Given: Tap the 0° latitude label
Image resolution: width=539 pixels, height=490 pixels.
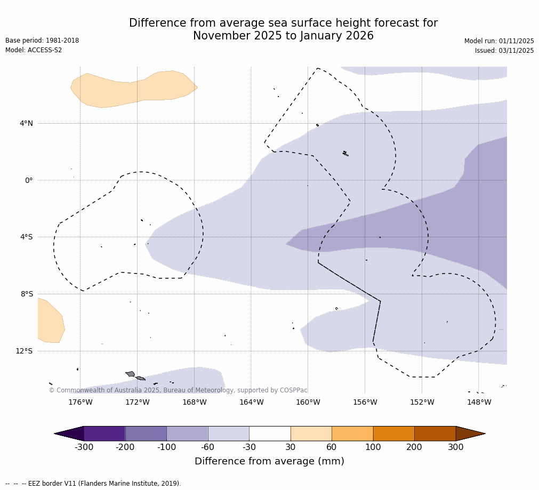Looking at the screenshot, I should (x=29, y=180).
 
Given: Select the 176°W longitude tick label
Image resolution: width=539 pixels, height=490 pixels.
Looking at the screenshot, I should (x=80, y=402).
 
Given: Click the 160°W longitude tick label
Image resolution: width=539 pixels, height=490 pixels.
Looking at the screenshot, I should (x=308, y=402).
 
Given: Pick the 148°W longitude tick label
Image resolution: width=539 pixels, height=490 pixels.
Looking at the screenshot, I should (x=479, y=402).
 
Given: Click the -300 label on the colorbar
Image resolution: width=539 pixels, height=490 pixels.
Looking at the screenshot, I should (x=84, y=447).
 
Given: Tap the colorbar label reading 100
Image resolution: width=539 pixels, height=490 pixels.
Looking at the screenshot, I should (x=373, y=447).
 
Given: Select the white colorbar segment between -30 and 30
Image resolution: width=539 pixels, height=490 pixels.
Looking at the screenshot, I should (x=270, y=433).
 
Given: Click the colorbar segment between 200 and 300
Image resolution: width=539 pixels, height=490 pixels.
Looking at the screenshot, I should (x=435, y=433).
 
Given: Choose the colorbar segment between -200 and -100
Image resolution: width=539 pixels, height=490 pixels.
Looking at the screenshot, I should (x=146, y=433).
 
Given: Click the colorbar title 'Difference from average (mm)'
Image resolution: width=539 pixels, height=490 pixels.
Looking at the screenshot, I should (x=269, y=461).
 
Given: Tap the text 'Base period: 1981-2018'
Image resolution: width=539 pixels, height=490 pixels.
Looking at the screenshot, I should (x=42, y=41).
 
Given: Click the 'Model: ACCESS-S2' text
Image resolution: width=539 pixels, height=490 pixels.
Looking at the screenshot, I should (x=34, y=50).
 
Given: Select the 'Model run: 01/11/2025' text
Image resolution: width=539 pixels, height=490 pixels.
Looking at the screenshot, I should (x=499, y=41).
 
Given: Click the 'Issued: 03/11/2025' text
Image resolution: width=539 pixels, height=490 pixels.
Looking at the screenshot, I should (x=504, y=51).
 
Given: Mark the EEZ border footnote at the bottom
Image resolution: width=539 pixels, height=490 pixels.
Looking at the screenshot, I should (x=93, y=484).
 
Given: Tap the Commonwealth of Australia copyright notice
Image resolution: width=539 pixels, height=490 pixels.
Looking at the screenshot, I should (x=178, y=390).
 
